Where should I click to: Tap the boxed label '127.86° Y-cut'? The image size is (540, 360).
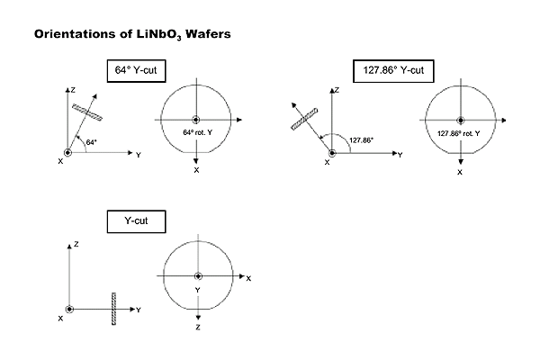point(394,70)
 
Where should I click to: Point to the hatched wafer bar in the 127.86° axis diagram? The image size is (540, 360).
point(304,114)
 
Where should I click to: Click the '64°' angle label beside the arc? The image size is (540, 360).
point(91,141)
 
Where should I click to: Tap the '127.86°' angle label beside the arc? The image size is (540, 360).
point(360,139)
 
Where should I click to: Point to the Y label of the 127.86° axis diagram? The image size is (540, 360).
point(400,155)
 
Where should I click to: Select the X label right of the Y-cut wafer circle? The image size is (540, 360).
point(248,278)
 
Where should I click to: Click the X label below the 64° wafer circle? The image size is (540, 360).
point(195,169)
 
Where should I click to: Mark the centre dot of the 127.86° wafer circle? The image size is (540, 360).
point(460,120)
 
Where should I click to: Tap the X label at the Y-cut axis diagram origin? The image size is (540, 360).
point(60,318)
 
